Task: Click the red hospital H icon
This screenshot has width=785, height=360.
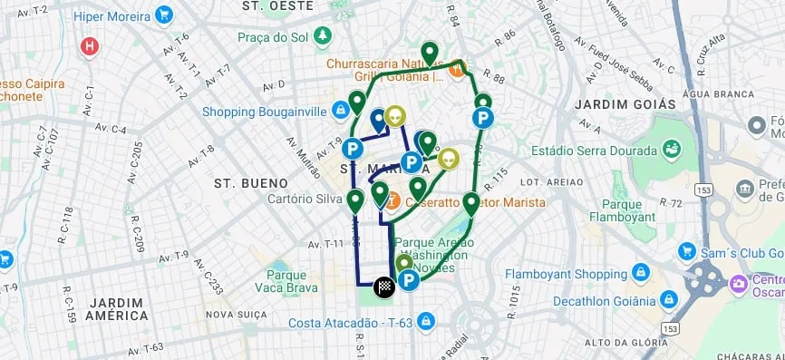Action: (89, 45)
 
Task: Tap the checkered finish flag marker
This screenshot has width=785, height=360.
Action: (384, 287)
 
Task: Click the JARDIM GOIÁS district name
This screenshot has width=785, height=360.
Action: (625, 104)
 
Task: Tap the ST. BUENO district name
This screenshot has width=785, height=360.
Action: (250, 183)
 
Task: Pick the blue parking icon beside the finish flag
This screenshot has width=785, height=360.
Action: (409, 281)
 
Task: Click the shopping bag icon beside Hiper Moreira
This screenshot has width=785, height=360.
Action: (164, 15)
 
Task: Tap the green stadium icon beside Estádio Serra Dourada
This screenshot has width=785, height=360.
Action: (673, 148)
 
